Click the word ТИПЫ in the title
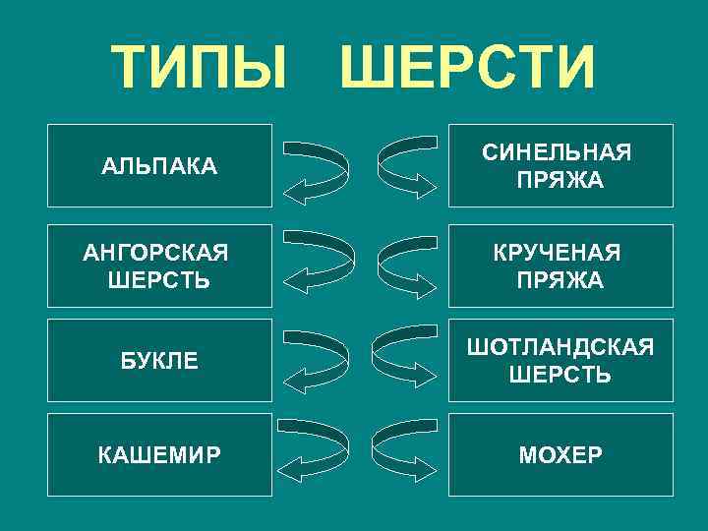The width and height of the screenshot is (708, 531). click(x=203, y=66)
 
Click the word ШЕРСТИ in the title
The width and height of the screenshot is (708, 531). click(x=467, y=66)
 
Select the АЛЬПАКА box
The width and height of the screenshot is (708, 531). click(x=159, y=165)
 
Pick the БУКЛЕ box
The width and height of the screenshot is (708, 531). click(x=159, y=361)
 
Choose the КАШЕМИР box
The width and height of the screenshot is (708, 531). click(x=159, y=455)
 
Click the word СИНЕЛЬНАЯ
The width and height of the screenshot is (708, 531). click(x=557, y=153)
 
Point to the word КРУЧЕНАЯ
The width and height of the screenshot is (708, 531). click(x=557, y=254)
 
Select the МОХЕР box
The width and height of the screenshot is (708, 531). click(x=560, y=455)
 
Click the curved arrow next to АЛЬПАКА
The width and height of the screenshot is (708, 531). click(x=315, y=169)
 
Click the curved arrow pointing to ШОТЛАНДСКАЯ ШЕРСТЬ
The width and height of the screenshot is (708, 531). click(x=406, y=359)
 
